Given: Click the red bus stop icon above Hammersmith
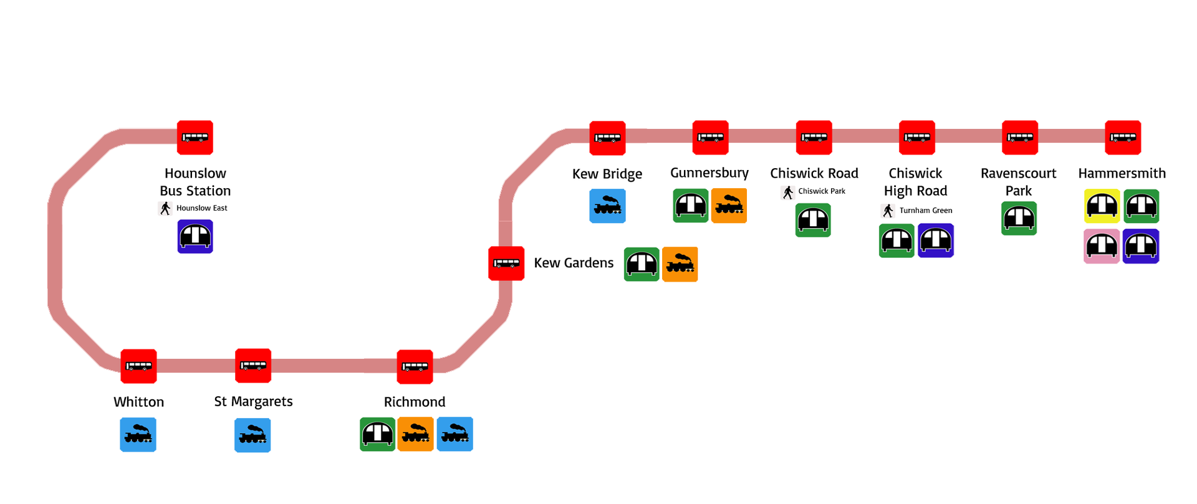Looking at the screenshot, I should pyautogui.click(x=1123, y=138).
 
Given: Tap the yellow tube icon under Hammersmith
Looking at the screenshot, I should pyautogui.click(x=1102, y=206).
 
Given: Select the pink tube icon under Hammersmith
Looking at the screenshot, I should pyautogui.click(x=1102, y=246).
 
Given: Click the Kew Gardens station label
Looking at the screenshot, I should pyautogui.click(x=574, y=263).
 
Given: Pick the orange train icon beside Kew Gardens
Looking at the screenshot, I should pyautogui.click(x=680, y=265).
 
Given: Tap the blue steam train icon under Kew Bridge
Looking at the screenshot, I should pyautogui.click(x=607, y=206).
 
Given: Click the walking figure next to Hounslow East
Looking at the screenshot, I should pyautogui.click(x=165, y=208).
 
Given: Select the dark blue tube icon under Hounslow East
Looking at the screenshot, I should pyautogui.click(x=195, y=237).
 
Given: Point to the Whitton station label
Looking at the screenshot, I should pyautogui.click(x=138, y=402).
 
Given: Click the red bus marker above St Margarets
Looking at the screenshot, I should pyautogui.click(x=253, y=366).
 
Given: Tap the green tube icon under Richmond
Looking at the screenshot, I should pyautogui.click(x=377, y=434).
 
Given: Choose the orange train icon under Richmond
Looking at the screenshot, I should pyautogui.click(x=416, y=434).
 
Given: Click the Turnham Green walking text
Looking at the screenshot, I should pyautogui.click(x=925, y=211).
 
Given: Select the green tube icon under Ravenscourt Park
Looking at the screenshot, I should pyautogui.click(x=1019, y=219).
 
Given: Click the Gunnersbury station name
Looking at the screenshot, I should pyautogui.click(x=709, y=173).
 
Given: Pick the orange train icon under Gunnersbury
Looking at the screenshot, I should pyautogui.click(x=729, y=206).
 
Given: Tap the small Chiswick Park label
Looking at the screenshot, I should pyautogui.click(x=821, y=191).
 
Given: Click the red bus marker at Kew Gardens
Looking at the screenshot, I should pyautogui.click(x=506, y=264).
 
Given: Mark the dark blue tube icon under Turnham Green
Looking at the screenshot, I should pyautogui.click(x=936, y=240).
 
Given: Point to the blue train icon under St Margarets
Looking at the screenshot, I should pyautogui.click(x=252, y=435).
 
